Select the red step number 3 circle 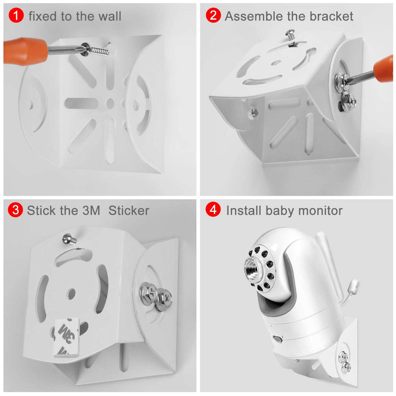coord(15,210)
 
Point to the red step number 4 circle coord(213,210)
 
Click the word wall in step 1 coord(110,16)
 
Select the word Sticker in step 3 coord(129,210)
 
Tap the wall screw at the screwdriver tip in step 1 coord(94,50)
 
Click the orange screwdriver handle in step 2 coord(384,69)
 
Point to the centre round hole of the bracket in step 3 coord(71,294)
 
